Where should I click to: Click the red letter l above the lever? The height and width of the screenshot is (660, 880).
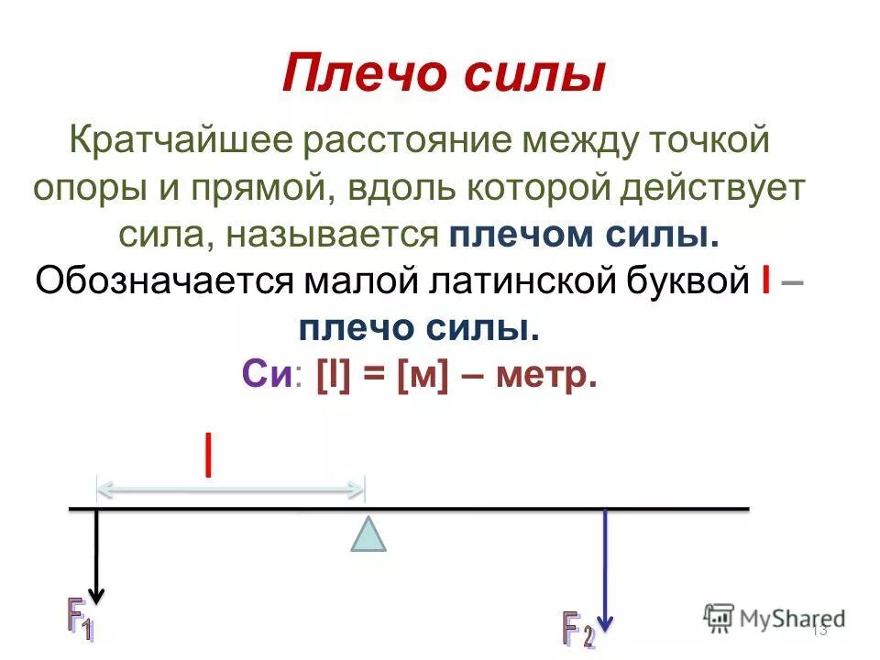[x=210, y=456]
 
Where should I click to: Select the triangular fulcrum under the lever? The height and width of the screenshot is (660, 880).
[x=368, y=534]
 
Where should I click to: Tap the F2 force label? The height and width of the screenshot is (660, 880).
[x=577, y=628]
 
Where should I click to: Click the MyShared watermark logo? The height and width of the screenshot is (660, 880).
[x=775, y=618]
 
